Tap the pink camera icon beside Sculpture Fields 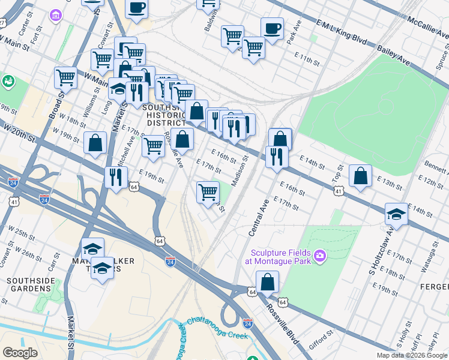coord(320,257)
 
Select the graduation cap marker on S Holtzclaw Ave coord(396,214)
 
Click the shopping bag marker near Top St coord(360,176)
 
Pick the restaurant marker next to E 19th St coord(116,178)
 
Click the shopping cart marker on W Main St coord(65,77)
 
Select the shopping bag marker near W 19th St coord(95,143)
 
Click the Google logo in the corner coord(20,352)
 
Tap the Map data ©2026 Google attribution coord(412,355)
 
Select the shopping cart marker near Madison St coord(208,192)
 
